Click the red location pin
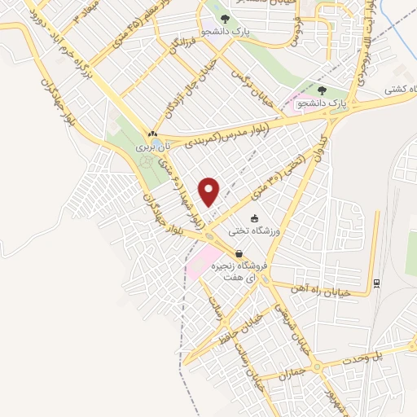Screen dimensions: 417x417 [x=210, y=191]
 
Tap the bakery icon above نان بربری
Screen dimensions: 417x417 [x=152, y=134]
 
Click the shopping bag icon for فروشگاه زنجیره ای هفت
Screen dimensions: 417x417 [x=239, y=253]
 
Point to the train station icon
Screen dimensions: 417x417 [x=376, y=283]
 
